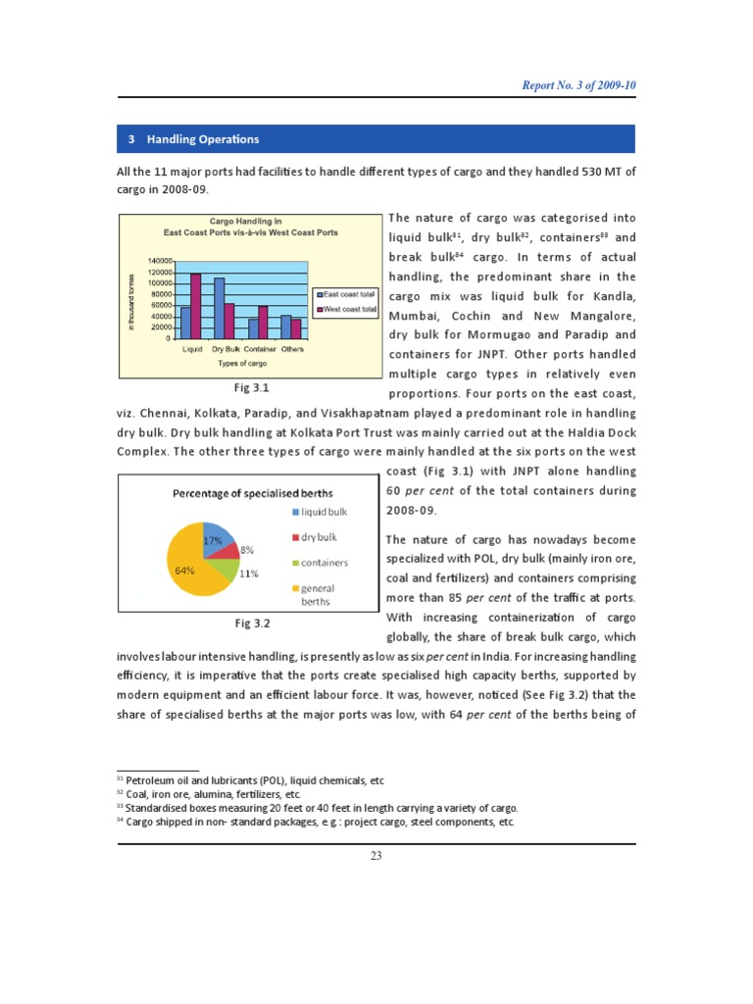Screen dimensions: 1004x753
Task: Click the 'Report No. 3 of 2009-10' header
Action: click(577, 85)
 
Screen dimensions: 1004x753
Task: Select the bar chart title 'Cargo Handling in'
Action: click(250, 222)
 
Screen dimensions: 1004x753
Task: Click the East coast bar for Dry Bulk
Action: click(220, 308)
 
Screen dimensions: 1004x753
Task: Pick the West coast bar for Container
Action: click(263, 322)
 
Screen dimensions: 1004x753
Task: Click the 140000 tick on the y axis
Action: click(161, 261)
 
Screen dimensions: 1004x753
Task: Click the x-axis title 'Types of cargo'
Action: click(242, 363)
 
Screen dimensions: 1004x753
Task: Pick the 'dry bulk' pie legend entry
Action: click(319, 537)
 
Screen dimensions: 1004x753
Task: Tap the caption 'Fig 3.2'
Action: click(252, 623)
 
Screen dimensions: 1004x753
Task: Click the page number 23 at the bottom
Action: click(376, 856)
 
